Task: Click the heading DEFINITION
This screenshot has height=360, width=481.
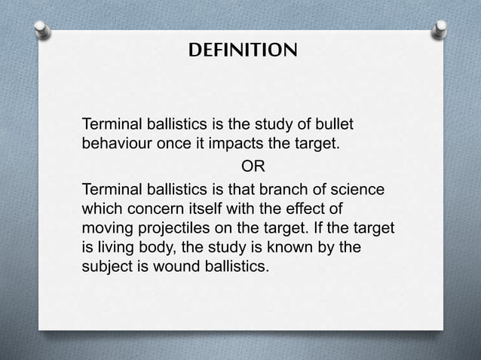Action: coord(241,51)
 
